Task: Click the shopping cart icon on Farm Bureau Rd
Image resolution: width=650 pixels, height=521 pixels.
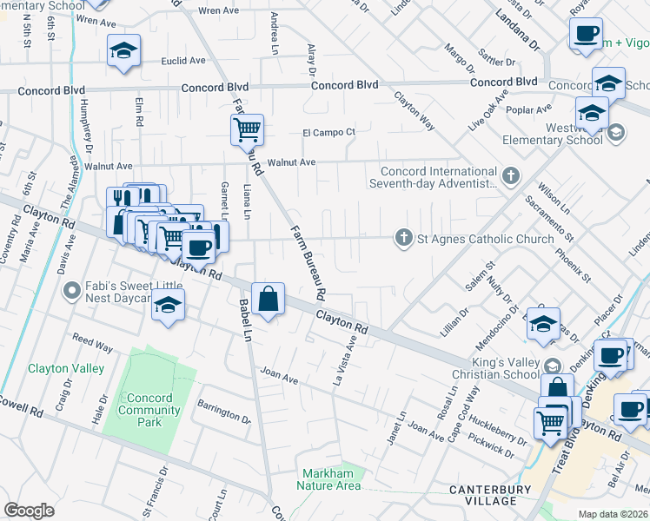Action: pos(247,130)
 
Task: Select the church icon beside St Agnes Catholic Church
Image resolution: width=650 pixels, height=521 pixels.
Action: pos(403,238)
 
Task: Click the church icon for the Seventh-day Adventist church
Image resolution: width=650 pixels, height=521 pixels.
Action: pos(512,175)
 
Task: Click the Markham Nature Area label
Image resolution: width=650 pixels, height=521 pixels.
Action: pos(331,479)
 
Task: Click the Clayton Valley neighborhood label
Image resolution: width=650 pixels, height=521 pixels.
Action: pos(66,368)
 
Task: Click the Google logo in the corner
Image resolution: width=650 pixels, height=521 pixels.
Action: pos(30,510)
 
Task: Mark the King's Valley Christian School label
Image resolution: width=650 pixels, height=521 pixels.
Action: pos(495,366)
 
